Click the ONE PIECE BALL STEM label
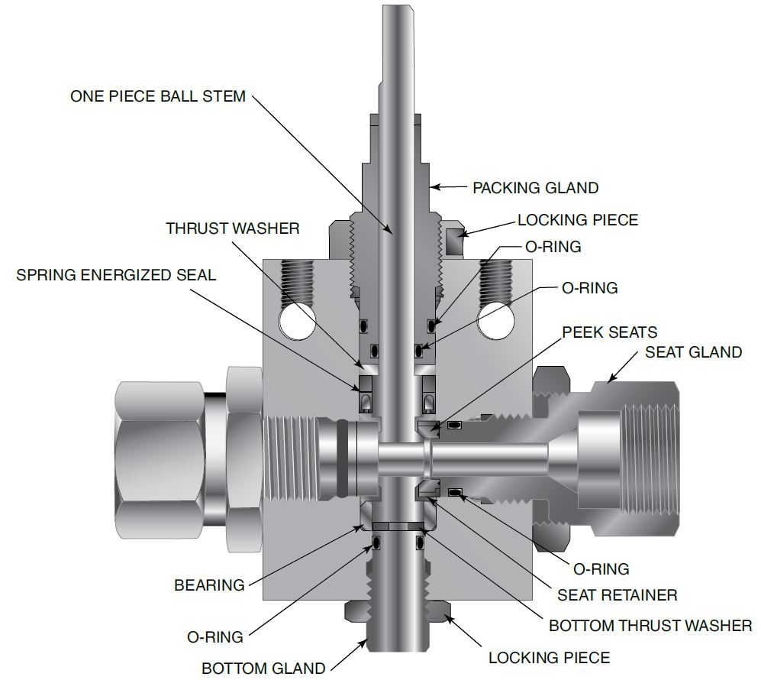click(x=158, y=96)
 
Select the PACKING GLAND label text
click(x=535, y=187)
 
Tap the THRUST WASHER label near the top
click(x=233, y=228)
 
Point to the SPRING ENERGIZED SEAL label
click(x=116, y=275)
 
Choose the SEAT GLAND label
click(x=693, y=351)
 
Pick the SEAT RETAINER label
click(x=617, y=594)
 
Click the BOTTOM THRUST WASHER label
click(x=650, y=626)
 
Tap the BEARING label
click(x=209, y=585)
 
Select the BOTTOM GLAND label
click(x=263, y=668)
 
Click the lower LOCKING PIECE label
click(x=549, y=657)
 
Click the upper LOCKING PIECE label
click(x=577, y=220)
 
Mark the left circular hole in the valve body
click(x=297, y=321)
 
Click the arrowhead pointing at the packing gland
click(x=434, y=186)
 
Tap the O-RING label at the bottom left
click(x=214, y=636)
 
